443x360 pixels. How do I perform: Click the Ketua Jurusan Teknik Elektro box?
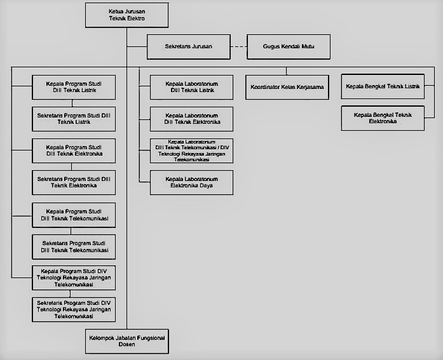127,15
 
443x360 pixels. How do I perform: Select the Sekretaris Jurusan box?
189,47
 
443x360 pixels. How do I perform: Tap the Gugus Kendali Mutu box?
289,47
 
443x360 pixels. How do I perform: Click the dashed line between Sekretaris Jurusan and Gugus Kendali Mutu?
239,47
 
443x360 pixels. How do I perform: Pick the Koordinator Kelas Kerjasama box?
287,87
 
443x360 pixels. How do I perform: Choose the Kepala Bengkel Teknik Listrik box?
383,86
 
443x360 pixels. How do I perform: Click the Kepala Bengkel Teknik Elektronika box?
383,118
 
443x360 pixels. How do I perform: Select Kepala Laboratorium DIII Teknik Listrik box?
191,87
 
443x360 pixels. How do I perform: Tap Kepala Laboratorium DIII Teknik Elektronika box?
191,119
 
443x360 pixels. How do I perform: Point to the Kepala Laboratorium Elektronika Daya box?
191,182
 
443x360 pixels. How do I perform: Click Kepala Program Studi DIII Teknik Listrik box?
74,87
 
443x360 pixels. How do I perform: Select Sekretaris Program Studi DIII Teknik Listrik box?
74,119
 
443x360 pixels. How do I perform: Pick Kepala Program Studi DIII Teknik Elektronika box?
74,150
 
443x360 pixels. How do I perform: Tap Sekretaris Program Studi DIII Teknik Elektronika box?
74,182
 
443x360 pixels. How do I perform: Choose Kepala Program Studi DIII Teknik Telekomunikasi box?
74,215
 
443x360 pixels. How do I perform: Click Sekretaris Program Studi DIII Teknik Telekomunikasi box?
74,247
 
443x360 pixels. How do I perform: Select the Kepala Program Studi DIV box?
74,277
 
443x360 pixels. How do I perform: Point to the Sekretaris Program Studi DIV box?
74,309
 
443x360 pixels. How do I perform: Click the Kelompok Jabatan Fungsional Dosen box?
127,342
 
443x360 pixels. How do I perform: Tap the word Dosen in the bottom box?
127,345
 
